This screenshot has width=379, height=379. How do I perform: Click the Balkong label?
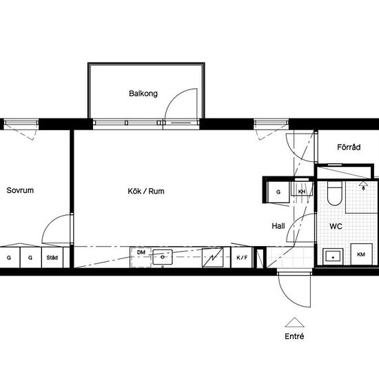143,94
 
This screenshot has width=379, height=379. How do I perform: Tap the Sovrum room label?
20,190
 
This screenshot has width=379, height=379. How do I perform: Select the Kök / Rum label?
146,191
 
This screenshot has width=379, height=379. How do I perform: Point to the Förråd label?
349,147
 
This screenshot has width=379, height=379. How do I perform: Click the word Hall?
278,226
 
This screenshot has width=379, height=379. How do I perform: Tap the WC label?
336,227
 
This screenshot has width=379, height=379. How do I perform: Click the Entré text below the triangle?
294,336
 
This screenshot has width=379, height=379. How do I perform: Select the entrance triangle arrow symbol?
294,322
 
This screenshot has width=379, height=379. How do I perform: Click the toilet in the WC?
334,194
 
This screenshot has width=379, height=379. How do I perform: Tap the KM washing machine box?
361,254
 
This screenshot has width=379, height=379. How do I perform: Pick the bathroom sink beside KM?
333,256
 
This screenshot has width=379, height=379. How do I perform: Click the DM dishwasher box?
141,258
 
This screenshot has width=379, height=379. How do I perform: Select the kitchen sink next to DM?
163,257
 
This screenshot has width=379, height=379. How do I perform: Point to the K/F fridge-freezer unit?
242,258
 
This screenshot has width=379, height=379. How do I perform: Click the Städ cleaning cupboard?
52,258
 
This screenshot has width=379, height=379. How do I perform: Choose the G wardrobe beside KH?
278,192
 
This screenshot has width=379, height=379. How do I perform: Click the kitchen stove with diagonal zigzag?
213,258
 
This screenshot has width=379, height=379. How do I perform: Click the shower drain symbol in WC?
363,185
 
